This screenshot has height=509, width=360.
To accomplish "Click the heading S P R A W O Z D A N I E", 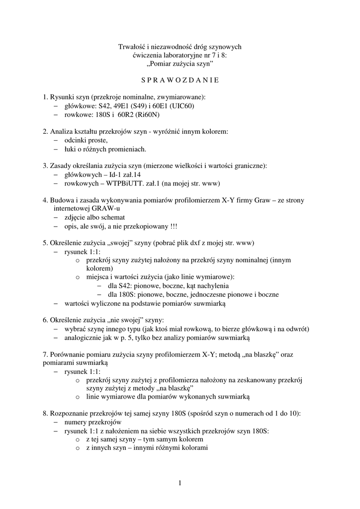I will (x=180, y=80).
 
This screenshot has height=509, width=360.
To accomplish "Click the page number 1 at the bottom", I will (x=180, y=483).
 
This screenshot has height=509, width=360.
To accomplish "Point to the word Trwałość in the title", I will (x=131, y=47).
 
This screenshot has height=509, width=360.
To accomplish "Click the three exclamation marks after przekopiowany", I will (x=173, y=226).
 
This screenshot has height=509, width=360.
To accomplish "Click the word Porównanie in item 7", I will (x=67, y=355).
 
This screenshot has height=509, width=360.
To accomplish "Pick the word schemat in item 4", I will (x=113, y=217).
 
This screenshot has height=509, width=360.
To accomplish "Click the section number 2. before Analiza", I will (x=46, y=132).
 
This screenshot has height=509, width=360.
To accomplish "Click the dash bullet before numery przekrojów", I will (x=56, y=422).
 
